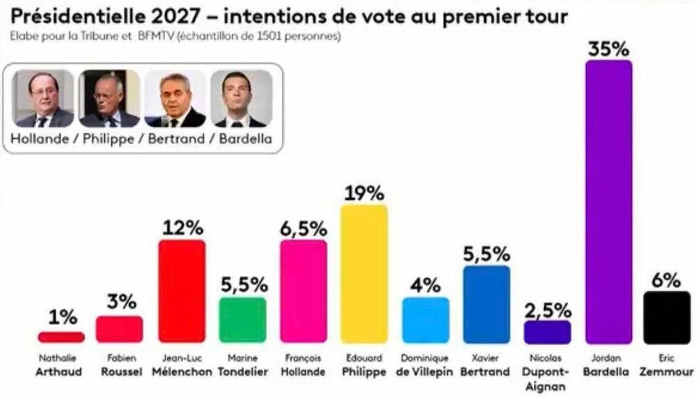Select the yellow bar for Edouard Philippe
(x=364, y=274)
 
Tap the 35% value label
(x=608, y=49)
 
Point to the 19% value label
(x=364, y=194)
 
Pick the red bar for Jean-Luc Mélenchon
(x=181, y=292)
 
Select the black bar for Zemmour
(x=667, y=317)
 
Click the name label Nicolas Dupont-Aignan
(x=548, y=372)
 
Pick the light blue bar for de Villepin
(x=425, y=320)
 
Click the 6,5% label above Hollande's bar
(x=304, y=229)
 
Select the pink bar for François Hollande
(x=304, y=292)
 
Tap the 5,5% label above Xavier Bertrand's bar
(x=486, y=255)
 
